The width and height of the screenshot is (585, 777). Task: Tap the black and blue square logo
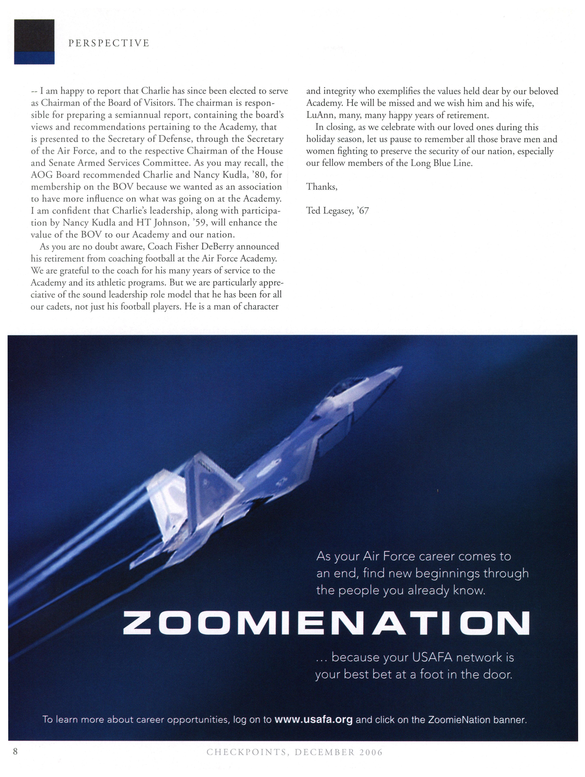pyautogui.click(x=34, y=42)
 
